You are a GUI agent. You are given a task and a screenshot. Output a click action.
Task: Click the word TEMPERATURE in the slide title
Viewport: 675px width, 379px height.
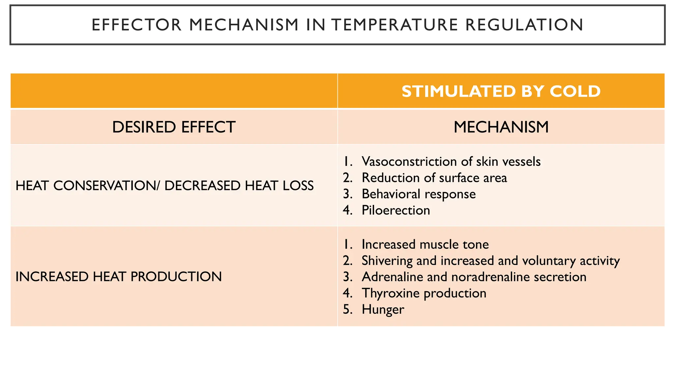pyautogui.click(x=395, y=25)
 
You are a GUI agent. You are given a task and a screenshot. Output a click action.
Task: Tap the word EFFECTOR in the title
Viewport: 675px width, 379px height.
pyautogui.click(x=136, y=25)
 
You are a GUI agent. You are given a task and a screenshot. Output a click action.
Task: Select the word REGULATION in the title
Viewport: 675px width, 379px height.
pyautogui.click(x=524, y=25)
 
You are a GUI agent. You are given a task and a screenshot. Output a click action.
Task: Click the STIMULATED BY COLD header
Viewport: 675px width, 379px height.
pyautogui.click(x=501, y=91)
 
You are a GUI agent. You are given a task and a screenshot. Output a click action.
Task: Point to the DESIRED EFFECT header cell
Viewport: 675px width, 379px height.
pyautogui.click(x=174, y=127)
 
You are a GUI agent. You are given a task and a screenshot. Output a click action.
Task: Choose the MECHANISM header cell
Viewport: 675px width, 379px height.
pyautogui.click(x=501, y=127)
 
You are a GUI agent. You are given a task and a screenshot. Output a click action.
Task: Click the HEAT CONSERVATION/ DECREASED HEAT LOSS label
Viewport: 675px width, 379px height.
pyautogui.click(x=164, y=186)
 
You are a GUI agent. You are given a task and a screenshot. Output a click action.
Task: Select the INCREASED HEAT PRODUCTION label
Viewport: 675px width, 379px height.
pyautogui.click(x=119, y=277)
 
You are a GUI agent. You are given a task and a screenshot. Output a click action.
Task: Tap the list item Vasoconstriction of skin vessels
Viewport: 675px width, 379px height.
pyautogui.click(x=451, y=162)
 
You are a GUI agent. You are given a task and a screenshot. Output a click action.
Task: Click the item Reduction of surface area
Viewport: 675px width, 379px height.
pyautogui.click(x=434, y=178)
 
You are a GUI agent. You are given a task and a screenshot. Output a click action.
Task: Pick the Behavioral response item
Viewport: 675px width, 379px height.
pyautogui.click(x=419, y=194)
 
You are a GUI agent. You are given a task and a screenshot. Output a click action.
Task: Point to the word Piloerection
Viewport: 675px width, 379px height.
pyautogui.click(x=396, y=210)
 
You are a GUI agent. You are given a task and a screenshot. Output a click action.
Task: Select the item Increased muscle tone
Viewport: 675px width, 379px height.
pyautogui.click(x=425, y=244)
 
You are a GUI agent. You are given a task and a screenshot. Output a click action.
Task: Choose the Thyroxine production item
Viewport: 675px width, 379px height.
pyautogui.click(x=424, y=293)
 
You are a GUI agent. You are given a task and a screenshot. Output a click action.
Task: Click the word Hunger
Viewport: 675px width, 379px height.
pyautogui.click(x=383, y=310)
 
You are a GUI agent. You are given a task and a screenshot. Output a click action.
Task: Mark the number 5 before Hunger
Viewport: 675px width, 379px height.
pyautogui.click(x=347, y=310)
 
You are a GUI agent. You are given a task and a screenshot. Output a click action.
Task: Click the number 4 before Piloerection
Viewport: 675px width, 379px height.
pyautogui.click(x=347, y=210)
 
